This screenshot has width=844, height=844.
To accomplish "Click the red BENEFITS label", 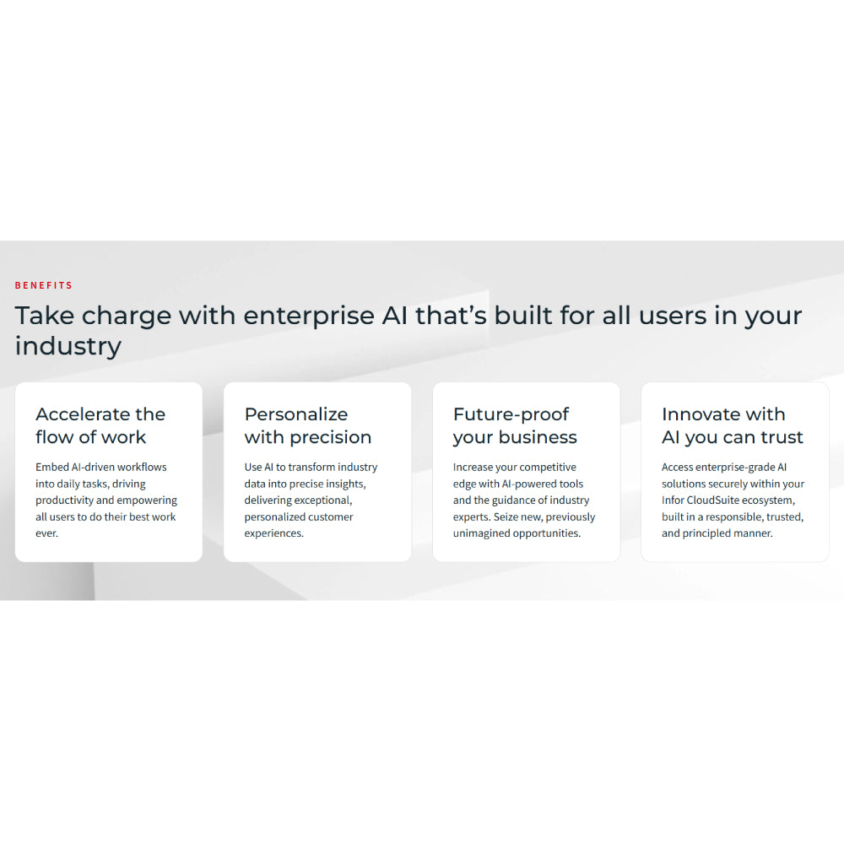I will pyautogui.click(x=44, y=285).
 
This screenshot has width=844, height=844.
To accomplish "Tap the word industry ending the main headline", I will pyautogui.click(x=68, y=346).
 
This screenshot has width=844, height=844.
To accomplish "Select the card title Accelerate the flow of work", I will pyautogui.click(x=100, y=425).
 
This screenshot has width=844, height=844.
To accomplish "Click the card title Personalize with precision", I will pyautogui.click(x=307, y=425).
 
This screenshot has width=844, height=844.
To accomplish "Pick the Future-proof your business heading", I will pyautogui.click(x=515, y=425).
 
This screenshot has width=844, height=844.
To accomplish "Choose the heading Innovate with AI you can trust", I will pyautogui.click(x=732, y=425).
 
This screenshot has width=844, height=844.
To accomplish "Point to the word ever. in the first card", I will pyautogui.click(x=46, y=533).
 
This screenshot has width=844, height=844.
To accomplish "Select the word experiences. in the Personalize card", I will pyautogui.click(x=273, y=533).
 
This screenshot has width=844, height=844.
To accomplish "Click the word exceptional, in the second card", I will pyautogui.click(x=321, y=500).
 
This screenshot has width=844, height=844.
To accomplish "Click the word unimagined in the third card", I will pyautogui.click(x=482, y=533).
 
